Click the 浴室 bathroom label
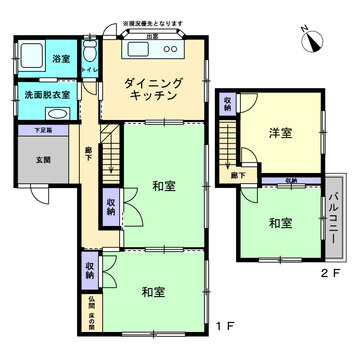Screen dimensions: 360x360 [x=61, y=59]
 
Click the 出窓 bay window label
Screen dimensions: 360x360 [x=151, y=37]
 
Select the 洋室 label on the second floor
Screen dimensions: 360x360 [x=281, y=132]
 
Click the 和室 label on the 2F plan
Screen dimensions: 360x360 [x=280, y=222]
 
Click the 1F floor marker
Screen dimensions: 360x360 [x=227, y=327]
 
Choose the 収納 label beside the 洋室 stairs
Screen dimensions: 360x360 [x=228, y=104]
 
